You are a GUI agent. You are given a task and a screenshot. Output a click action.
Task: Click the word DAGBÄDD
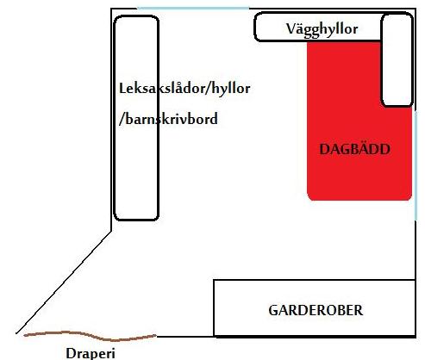tap(354, 149)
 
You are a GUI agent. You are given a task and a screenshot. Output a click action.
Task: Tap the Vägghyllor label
tap(322, 29)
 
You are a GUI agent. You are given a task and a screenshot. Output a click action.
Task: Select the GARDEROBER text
tap(316, 310)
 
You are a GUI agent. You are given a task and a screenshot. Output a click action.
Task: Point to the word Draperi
tap(91, 353)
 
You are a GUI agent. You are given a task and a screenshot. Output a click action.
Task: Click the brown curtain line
tap(90, 336)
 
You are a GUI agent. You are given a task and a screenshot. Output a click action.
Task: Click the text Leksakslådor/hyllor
tap(184, 88)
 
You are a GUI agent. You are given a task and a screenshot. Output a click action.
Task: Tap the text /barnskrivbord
tap(168, 119)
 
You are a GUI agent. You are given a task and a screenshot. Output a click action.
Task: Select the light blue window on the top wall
tap(193, 9)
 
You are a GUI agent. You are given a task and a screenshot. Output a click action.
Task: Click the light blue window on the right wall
tap(416, 165)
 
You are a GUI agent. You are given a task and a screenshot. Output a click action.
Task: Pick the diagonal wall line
tap(64, 282)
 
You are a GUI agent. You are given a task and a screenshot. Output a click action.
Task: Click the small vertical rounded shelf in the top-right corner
tap(397, 59)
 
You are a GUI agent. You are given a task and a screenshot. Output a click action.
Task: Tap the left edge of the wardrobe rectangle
tap(214, 307)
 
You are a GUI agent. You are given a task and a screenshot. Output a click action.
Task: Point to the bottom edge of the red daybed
tap(359, 199)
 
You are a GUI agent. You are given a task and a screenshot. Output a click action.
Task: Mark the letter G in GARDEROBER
tap(273, 310)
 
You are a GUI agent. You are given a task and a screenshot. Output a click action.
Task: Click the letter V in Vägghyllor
tap(291, 28)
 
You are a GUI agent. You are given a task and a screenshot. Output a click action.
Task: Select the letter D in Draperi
tap(72, 353)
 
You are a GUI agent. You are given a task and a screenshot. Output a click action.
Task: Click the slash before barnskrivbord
tap(122, 119)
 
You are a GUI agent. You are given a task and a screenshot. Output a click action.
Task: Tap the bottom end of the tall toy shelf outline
tap(136, 220)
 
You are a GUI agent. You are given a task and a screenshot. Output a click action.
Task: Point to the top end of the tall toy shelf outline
tap(136, 16)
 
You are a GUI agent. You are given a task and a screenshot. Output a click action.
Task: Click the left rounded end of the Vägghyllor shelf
tap(255, 27)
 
